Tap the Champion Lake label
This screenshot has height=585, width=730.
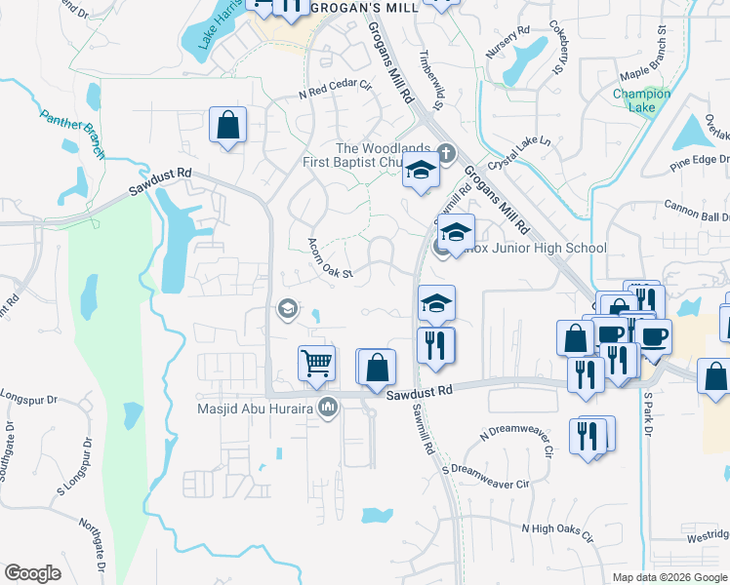coord(641,100)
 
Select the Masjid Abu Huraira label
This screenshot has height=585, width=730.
coord(256,409)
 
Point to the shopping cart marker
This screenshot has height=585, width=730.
coord(316,364)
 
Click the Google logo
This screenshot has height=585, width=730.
coord(33,572)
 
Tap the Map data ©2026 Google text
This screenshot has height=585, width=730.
coord(669,577)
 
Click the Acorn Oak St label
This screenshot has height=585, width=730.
coord(329,258)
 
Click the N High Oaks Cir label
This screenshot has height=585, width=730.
coord(557,528)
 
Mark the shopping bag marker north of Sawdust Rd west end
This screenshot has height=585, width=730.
coord(227,126)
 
